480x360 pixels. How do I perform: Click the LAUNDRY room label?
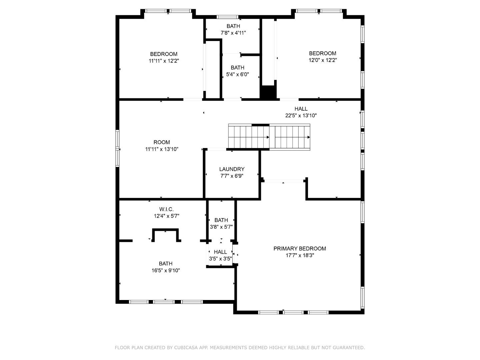point(232,169)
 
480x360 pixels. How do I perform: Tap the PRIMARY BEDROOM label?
point(300,248)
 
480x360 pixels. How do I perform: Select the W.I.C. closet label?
point(166,209)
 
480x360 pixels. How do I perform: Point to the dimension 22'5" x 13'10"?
point(301,116)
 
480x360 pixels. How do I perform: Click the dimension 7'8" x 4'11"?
point(233,33)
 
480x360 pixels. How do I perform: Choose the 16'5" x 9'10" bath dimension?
point(166,270)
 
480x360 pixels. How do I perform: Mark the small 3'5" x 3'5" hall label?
point(220,252)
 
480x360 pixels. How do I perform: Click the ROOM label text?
point(162,142)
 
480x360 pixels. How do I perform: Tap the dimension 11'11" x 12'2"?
point(164,61)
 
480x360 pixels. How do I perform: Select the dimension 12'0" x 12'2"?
point(322,60)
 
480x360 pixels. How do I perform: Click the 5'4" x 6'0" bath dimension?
point(237,75)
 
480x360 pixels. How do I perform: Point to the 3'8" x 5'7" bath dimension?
point(221,227)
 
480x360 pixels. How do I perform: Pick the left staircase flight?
point(249,137)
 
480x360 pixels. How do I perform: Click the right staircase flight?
point(290,137)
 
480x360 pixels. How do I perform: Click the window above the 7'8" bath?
point(227,17)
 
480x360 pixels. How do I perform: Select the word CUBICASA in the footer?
point(185,348)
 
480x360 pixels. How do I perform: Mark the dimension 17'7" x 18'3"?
point(300,256)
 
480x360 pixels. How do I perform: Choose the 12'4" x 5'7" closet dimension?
point(166,216)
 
